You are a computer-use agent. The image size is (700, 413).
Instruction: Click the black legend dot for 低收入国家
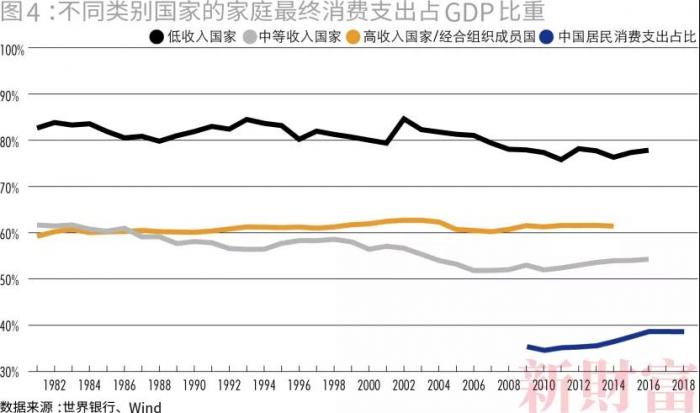point(156,38)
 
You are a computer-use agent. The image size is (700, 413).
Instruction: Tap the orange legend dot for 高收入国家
point(354,38)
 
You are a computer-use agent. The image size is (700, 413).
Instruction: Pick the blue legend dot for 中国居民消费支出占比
point(546,38)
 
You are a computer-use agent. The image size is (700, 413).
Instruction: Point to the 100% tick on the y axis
point(14,49)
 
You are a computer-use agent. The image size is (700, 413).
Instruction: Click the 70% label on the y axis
point(14,187)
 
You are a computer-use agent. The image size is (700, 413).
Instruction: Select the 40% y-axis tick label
point(14,326)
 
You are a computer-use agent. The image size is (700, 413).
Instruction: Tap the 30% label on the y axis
point(14,372)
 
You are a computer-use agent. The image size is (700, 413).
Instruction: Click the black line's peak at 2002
point(403,118)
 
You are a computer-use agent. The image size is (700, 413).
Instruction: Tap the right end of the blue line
point(682,331)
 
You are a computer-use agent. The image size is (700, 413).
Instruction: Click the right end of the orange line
point(612,226)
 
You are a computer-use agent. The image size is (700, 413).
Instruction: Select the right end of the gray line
point(647,259)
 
